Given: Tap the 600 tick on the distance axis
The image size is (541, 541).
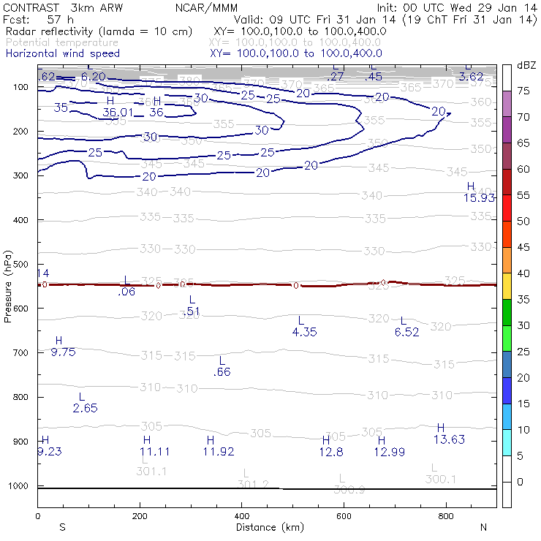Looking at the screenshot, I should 344,516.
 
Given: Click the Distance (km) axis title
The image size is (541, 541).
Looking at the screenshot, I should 266,526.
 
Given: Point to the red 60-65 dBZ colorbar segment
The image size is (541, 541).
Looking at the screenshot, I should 506,182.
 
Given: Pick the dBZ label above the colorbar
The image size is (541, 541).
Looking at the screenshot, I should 526,66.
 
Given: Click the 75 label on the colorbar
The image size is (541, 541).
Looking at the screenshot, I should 523,91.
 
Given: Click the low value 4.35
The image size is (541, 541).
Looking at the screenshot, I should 304,332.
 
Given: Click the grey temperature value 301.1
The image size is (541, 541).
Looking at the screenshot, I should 151,472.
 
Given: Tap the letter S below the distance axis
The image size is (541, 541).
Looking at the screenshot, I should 62,527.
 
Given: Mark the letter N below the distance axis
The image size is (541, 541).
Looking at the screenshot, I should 483,527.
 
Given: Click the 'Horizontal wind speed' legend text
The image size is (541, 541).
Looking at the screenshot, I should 62,53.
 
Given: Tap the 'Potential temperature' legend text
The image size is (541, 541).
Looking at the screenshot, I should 61,42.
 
